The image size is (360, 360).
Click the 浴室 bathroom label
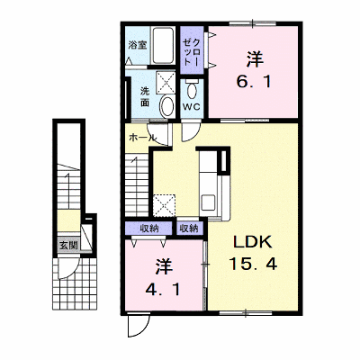tap(138, 45)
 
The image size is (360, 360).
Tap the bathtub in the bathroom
tap(162, 45)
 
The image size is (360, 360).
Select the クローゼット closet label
tap(192, 49)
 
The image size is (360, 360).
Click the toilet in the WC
tap(191, 89)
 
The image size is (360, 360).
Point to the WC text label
tap(192, 107)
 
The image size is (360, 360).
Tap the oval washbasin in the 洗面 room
tap(166, 106)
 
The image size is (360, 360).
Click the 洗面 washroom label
tap(146, 96)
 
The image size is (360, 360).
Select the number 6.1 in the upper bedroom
tap(254, 81)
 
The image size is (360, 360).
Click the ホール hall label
tap(142, 138)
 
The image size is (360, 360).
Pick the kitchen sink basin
tap(208, 202)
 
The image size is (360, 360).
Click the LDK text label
tap(253, 242)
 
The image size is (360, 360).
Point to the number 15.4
tap(253, 264)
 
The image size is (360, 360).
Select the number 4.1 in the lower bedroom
tap(163, 290)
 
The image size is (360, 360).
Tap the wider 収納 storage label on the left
tap(149, 229)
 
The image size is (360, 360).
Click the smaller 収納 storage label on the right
tap(189, 229)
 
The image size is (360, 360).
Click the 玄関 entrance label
tap(68, 246)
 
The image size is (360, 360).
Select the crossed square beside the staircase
tap(164, 205)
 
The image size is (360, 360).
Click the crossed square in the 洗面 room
tap(166, 83)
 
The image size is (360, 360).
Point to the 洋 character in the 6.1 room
tap(256, 58)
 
